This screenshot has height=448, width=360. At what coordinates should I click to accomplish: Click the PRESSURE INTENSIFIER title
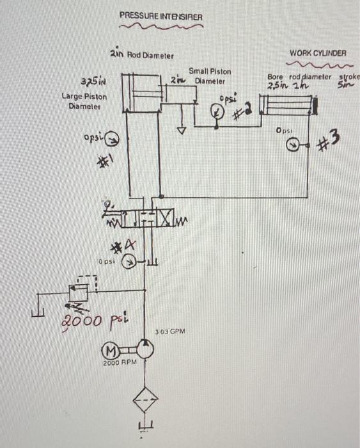click(160, 15)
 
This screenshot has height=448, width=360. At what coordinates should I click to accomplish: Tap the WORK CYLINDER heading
click(318, 53)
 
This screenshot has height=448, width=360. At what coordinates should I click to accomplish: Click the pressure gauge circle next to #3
click(292, 145)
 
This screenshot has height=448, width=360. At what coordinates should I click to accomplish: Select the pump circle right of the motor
click(144, 349)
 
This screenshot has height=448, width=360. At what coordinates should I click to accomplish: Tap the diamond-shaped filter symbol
click(144, 402)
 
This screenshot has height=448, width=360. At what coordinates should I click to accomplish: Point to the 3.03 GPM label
click(170, 332)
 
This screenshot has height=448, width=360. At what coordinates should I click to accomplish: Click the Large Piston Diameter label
click(84, 102)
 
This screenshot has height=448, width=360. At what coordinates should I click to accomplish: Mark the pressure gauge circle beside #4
click(129, 262)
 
